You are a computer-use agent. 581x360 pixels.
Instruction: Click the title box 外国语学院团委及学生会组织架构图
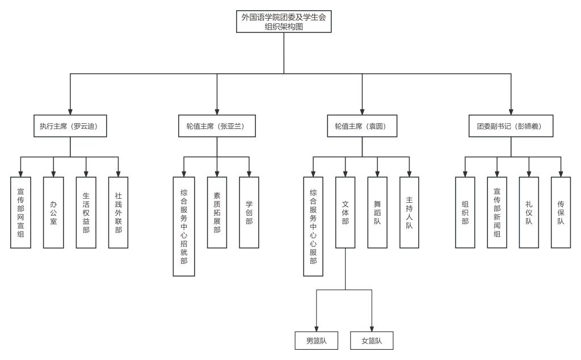pos(284,21)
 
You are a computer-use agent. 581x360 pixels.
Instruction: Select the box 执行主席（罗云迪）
pos(70,127)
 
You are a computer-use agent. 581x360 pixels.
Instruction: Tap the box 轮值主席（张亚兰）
pos(217,127)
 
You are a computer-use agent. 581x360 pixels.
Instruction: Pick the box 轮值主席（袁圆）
pos(362,127)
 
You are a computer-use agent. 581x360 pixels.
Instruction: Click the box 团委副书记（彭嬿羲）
pos(511,127)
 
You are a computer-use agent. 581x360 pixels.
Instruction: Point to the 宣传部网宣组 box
pos(20,212)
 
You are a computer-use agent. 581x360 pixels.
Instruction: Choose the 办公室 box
pos(53,212)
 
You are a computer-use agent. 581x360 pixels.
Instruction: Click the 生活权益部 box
pos(86,212)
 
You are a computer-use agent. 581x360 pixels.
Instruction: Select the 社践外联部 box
pos(118,212)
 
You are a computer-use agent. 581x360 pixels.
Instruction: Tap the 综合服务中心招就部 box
pos(183,226)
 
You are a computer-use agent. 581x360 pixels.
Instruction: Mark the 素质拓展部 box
pos(216,212)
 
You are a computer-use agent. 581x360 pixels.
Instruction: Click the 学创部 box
pos(249,212)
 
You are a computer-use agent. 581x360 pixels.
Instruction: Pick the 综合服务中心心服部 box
pos(313,226)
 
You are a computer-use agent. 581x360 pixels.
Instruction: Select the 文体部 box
pos(346,212)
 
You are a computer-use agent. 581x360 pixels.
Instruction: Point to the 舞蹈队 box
pos(377,212)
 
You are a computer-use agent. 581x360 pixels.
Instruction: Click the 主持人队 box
pos(410,212)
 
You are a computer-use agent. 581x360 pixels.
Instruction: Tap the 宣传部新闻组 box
pos(497,212)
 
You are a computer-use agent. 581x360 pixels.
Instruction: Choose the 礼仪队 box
pos(529,212)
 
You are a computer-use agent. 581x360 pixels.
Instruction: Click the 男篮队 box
pos(316,341)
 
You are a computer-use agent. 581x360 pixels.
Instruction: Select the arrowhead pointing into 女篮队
pos(372,328)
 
